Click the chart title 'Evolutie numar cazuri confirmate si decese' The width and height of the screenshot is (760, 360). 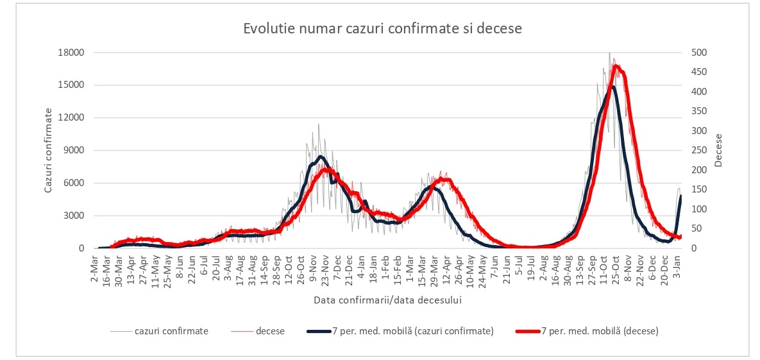tap(383, 29)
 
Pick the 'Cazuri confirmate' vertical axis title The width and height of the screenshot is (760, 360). tap(48, 150)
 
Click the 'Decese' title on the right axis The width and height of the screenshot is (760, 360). tap(718, 150)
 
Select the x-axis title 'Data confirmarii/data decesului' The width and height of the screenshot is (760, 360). tap(388, 300)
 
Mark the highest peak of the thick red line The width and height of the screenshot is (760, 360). tap(616, 65)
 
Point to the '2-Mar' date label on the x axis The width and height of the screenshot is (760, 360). tap(95, 264)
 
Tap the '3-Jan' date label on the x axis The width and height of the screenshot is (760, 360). tap(679, 264)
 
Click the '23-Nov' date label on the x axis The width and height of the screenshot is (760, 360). tap(325, 266)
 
